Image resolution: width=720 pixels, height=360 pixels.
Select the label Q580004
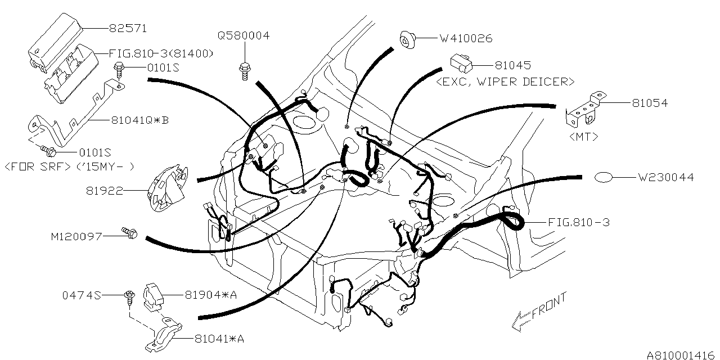[x=244, y=36]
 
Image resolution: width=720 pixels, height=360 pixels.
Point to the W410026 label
[x=466, y=39]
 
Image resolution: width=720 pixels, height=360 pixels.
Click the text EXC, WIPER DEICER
[x=505, y=82]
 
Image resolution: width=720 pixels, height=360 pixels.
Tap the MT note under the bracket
[x=583, y=136]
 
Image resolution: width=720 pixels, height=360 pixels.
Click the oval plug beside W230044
[x=603, y=177]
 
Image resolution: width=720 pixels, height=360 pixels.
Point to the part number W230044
[x=665, y=178]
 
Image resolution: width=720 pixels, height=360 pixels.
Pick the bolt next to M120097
[x=129, y=232]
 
